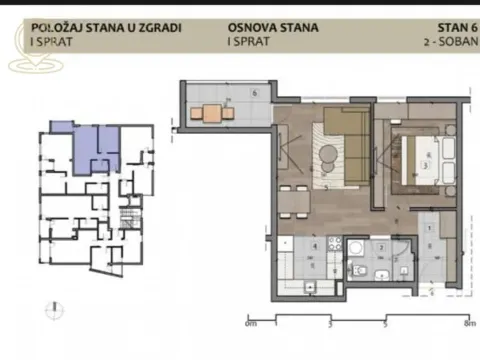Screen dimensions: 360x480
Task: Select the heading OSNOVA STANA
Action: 273,27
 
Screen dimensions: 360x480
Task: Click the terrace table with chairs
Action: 212,113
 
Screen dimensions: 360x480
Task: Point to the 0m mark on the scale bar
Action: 251,323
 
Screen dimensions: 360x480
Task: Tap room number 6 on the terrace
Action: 255,93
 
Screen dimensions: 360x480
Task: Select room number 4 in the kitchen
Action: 314,244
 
